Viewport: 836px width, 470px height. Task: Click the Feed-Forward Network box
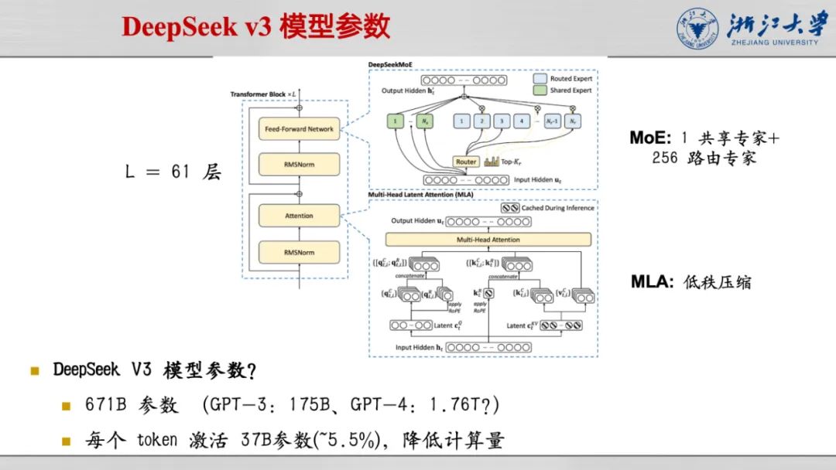point(299,129)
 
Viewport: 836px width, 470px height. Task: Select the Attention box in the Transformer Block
point(299,216)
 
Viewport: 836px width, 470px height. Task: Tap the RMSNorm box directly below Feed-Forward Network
point(299,164)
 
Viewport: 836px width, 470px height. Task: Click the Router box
point(466,162)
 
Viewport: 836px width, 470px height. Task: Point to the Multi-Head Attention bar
point(488,240)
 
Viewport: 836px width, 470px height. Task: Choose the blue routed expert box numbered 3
point(501,121)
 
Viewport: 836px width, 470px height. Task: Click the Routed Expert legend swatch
point(539,79)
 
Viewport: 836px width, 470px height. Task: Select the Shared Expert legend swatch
point(539,90)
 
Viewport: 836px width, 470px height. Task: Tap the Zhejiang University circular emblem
point(698,29)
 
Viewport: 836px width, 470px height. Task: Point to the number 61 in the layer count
point(180,172)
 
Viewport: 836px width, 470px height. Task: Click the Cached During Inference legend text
point(557,207)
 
